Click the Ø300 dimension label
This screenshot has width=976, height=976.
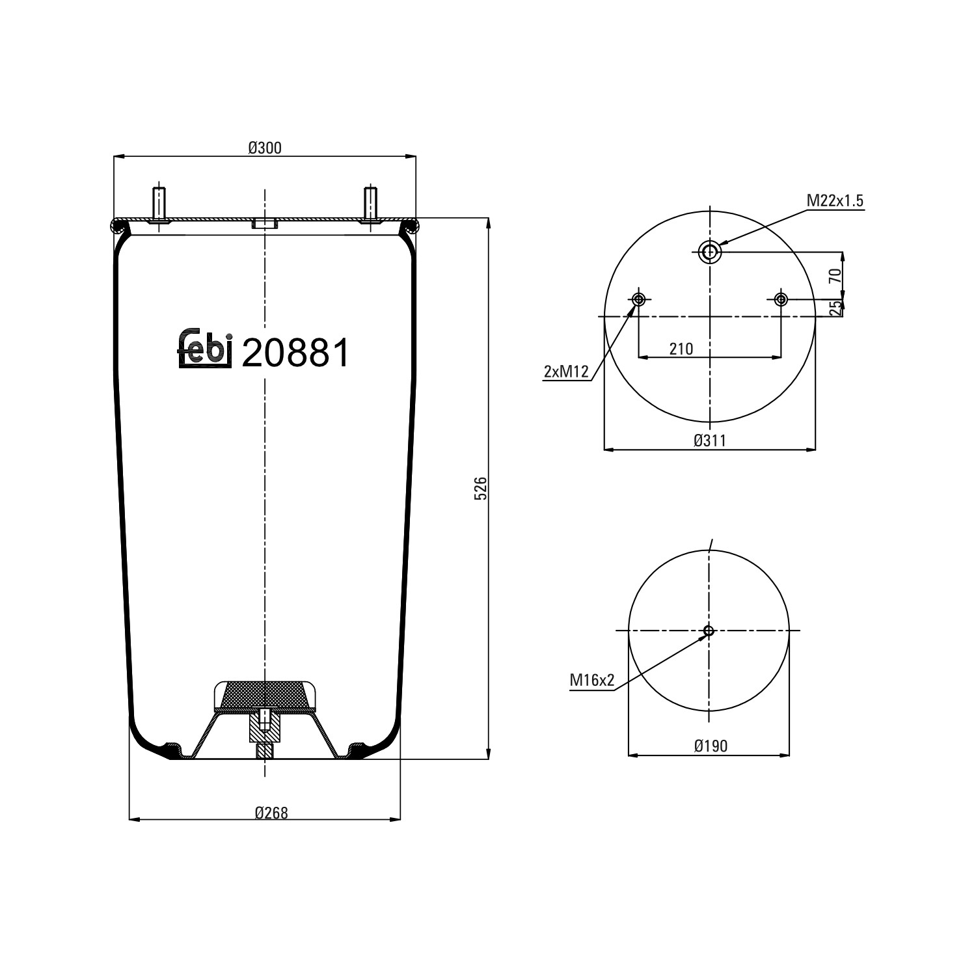click(x=265, y=148)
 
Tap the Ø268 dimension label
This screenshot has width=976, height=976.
click(x=271, y=812)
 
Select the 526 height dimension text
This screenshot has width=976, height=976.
click(x=480, y=488)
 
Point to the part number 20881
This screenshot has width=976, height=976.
click(x=295, y=353)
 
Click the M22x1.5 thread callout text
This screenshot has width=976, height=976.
click(x=835, y=201)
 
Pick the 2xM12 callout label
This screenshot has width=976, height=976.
click(x=566, y=372)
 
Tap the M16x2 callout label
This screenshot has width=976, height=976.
click(x=592, y=681)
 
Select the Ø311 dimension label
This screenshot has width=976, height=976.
click(x=709, y=441)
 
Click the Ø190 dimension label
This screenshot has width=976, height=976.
click(x=711, y=746)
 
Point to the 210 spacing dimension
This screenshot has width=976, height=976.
click(x=681, y=349)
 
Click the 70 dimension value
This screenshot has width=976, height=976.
click(x=836, y=275)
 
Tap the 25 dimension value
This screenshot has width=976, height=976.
click(x=836, y=308)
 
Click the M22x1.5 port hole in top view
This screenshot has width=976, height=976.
click(x=709, y=251)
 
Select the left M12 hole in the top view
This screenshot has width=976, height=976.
click(x=638, y=299)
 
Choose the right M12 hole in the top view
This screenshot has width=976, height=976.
click(x=781, y=299)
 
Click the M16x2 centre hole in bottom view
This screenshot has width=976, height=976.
click(x=709, y=630)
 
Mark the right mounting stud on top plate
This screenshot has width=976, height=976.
click(x=370, y=204)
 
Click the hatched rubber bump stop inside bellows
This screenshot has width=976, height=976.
click(x=265, y=695)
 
